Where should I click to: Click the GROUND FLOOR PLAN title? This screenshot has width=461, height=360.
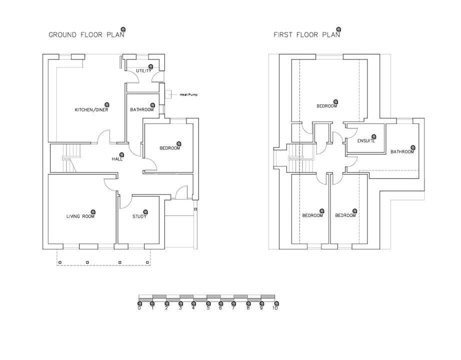[83, 35]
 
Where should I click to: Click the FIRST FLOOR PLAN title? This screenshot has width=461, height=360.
[306, 35]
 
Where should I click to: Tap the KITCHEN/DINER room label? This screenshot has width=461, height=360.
[91, 110]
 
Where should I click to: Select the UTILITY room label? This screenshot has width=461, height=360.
[143, 71]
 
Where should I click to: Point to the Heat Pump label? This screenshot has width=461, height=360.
[188, 94]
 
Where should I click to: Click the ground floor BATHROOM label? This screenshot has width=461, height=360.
[142, 110]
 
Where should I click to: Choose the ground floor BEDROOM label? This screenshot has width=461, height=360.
[169, 148]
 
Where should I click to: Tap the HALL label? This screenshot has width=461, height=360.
[117, 159]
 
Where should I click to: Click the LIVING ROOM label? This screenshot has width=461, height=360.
[80, 216]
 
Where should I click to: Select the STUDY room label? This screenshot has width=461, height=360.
[139, 216]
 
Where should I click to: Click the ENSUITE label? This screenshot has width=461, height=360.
[366, 141]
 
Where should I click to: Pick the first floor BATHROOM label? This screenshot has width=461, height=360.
[402, 152]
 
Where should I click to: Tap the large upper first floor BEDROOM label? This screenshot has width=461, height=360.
[327, 106]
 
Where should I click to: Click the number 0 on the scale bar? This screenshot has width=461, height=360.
[139, 308]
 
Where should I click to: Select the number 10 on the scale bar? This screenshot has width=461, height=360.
[274, 308]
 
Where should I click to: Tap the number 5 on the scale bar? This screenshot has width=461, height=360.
[207, 308]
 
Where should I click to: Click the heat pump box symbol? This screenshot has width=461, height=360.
[169, 94]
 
